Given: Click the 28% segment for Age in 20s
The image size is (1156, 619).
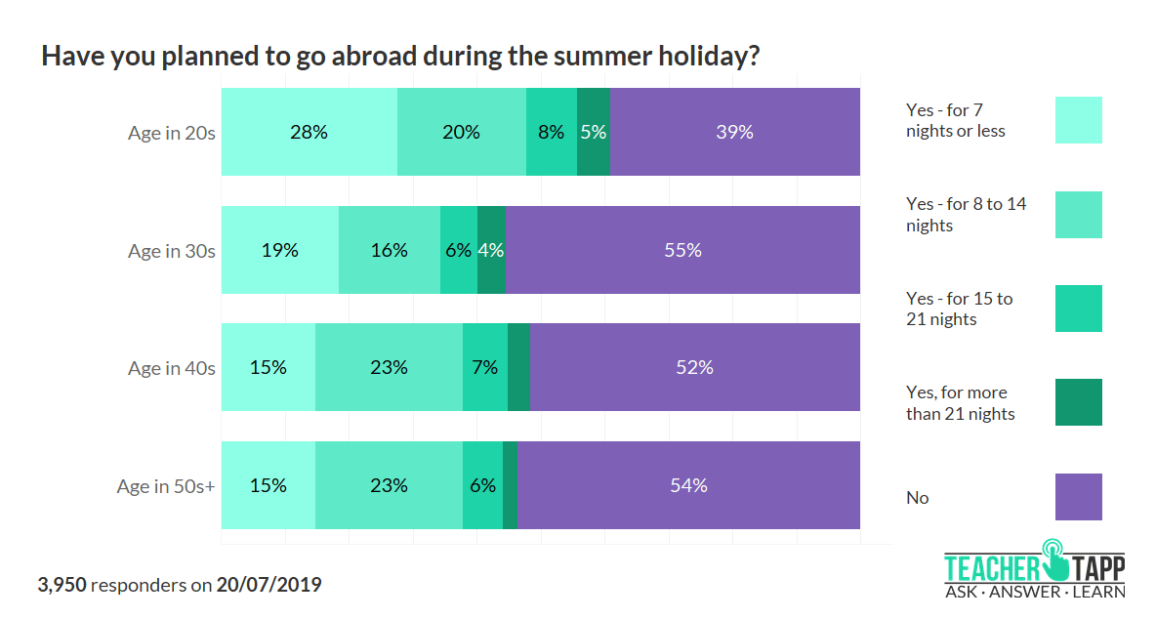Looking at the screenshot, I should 309,132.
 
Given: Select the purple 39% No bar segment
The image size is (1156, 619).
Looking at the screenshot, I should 734,132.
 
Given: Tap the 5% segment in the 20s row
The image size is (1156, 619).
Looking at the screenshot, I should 593,132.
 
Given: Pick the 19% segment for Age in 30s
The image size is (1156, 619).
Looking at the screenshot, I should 279,250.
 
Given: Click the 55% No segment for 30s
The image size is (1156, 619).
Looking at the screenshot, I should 682,250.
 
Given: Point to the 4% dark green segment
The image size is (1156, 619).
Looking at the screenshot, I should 491,250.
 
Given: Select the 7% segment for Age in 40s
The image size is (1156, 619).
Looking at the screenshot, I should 484,367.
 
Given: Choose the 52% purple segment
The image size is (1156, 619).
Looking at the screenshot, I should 694,367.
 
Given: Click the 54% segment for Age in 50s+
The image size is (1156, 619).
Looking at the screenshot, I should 688,485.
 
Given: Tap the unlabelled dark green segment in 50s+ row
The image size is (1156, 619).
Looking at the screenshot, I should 510,485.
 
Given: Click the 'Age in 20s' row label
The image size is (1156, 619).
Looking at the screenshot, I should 171,133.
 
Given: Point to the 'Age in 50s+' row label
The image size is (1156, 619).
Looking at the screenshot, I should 165,485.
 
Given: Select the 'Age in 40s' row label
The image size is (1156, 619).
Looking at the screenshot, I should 171,368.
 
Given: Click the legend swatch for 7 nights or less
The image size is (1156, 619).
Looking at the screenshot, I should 1078,120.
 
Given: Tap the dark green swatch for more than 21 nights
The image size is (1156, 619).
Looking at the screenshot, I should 1078,402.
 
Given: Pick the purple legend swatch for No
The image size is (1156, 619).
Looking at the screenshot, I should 1078,497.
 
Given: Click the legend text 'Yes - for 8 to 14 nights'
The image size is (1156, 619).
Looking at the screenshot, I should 966,215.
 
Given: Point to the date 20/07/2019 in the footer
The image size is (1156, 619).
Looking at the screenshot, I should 268,586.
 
